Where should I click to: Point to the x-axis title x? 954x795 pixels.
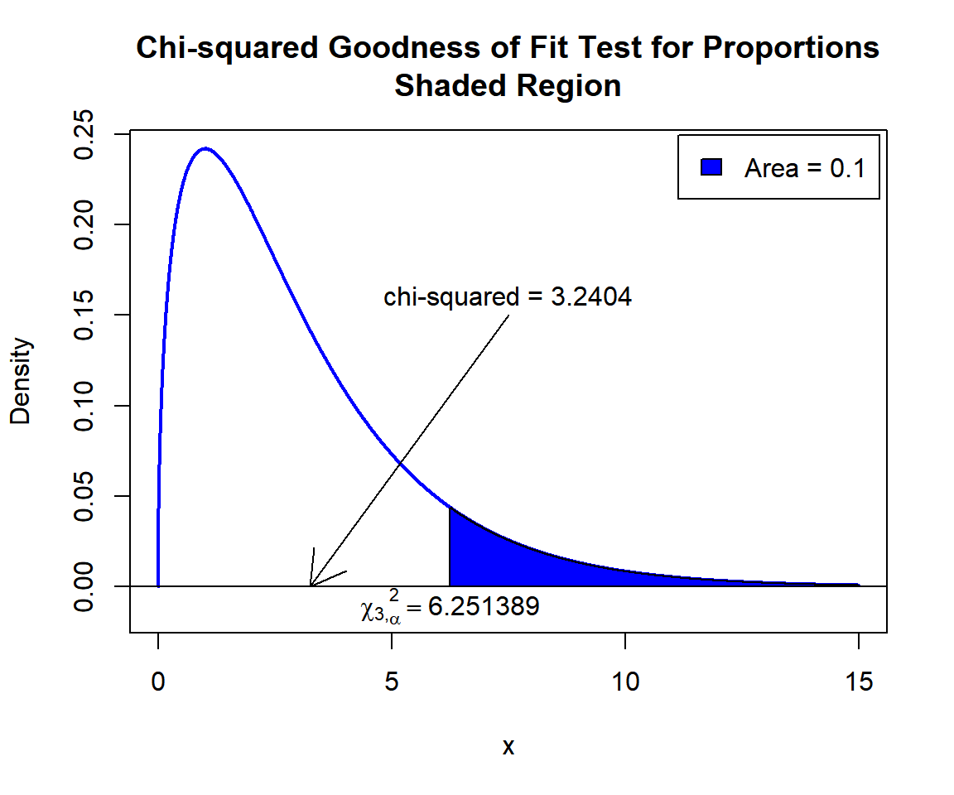click(x=508, y=747)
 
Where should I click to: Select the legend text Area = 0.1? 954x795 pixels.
click(x=804, y=168)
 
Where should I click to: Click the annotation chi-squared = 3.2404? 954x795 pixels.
click(x=508, y=297)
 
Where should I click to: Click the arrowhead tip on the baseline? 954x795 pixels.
click(x=311, y=585)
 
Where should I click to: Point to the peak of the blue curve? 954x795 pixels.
click(x=205, y=149)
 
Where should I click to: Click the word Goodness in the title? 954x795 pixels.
click(x=397, y=48)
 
